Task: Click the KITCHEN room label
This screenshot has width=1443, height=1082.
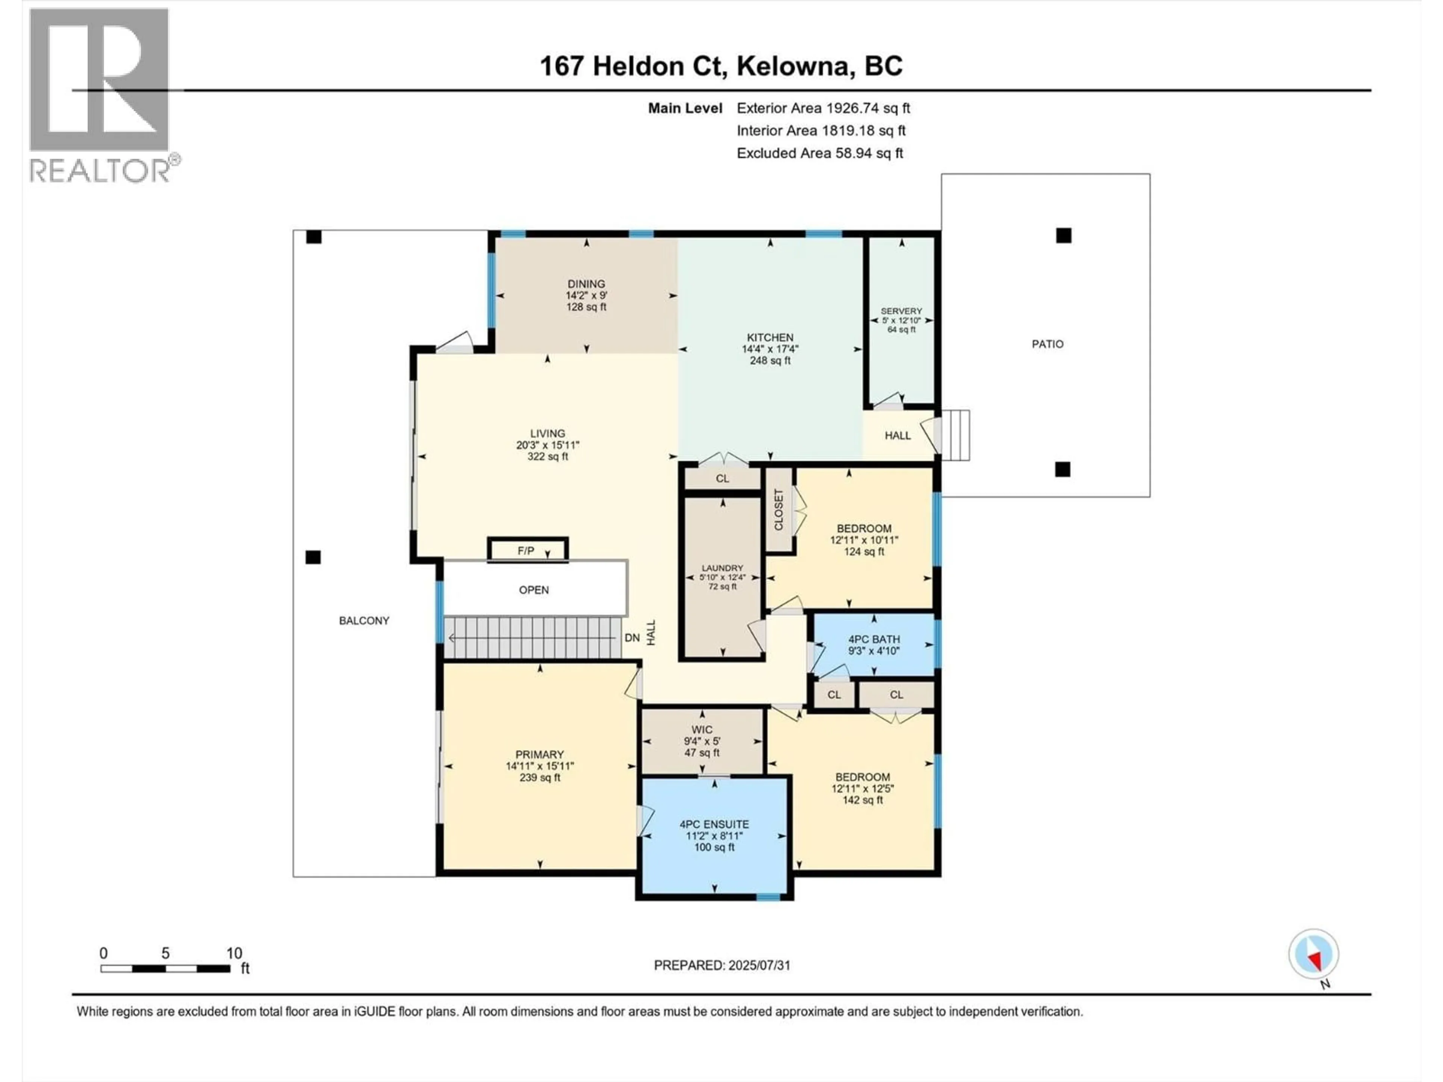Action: [x=770, y=337]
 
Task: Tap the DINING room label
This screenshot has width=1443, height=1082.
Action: [x=586, y=284]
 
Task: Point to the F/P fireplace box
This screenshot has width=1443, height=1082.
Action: [x=527, y=550]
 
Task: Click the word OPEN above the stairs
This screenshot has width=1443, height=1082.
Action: [x=534, y=589]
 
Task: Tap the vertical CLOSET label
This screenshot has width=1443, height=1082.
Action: [x=778, y=510]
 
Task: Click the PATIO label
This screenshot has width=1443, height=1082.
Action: [x=1047, y=344]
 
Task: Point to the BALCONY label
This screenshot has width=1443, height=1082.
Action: [x=364, y=620]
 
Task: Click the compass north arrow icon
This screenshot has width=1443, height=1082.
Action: [x=1313, y=954]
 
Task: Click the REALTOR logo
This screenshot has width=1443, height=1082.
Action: [x=101, y=95]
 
